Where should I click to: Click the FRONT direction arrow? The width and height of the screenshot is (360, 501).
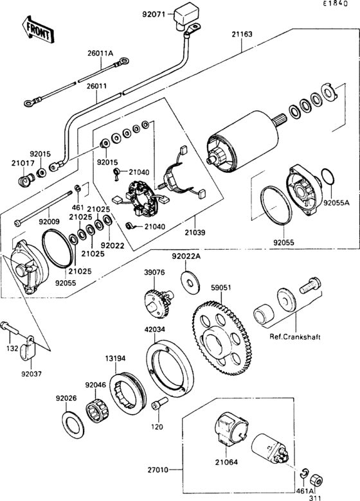coord(37,30)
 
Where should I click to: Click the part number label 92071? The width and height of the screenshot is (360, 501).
coord(154,14)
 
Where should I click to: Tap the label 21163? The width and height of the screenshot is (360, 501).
coord(242,34)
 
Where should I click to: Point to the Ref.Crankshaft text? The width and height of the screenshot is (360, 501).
coord(295,337)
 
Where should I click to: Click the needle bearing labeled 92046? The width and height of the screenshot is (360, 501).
coord(97,410)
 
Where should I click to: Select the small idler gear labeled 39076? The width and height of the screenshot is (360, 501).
coord(158,304)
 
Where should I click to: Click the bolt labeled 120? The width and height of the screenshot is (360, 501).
coord(160,404)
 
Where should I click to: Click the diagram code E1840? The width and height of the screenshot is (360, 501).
coord(335,4)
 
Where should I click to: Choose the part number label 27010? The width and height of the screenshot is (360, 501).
coord(157,470)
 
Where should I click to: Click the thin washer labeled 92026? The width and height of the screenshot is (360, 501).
coord(73,425)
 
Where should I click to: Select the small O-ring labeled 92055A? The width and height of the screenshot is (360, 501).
coord(328,177)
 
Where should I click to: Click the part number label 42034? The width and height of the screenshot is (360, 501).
coord(155,329)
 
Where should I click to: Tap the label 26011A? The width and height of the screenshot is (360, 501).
coord(100,53)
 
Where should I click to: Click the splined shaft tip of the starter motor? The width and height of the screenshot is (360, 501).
coord(280,121)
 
